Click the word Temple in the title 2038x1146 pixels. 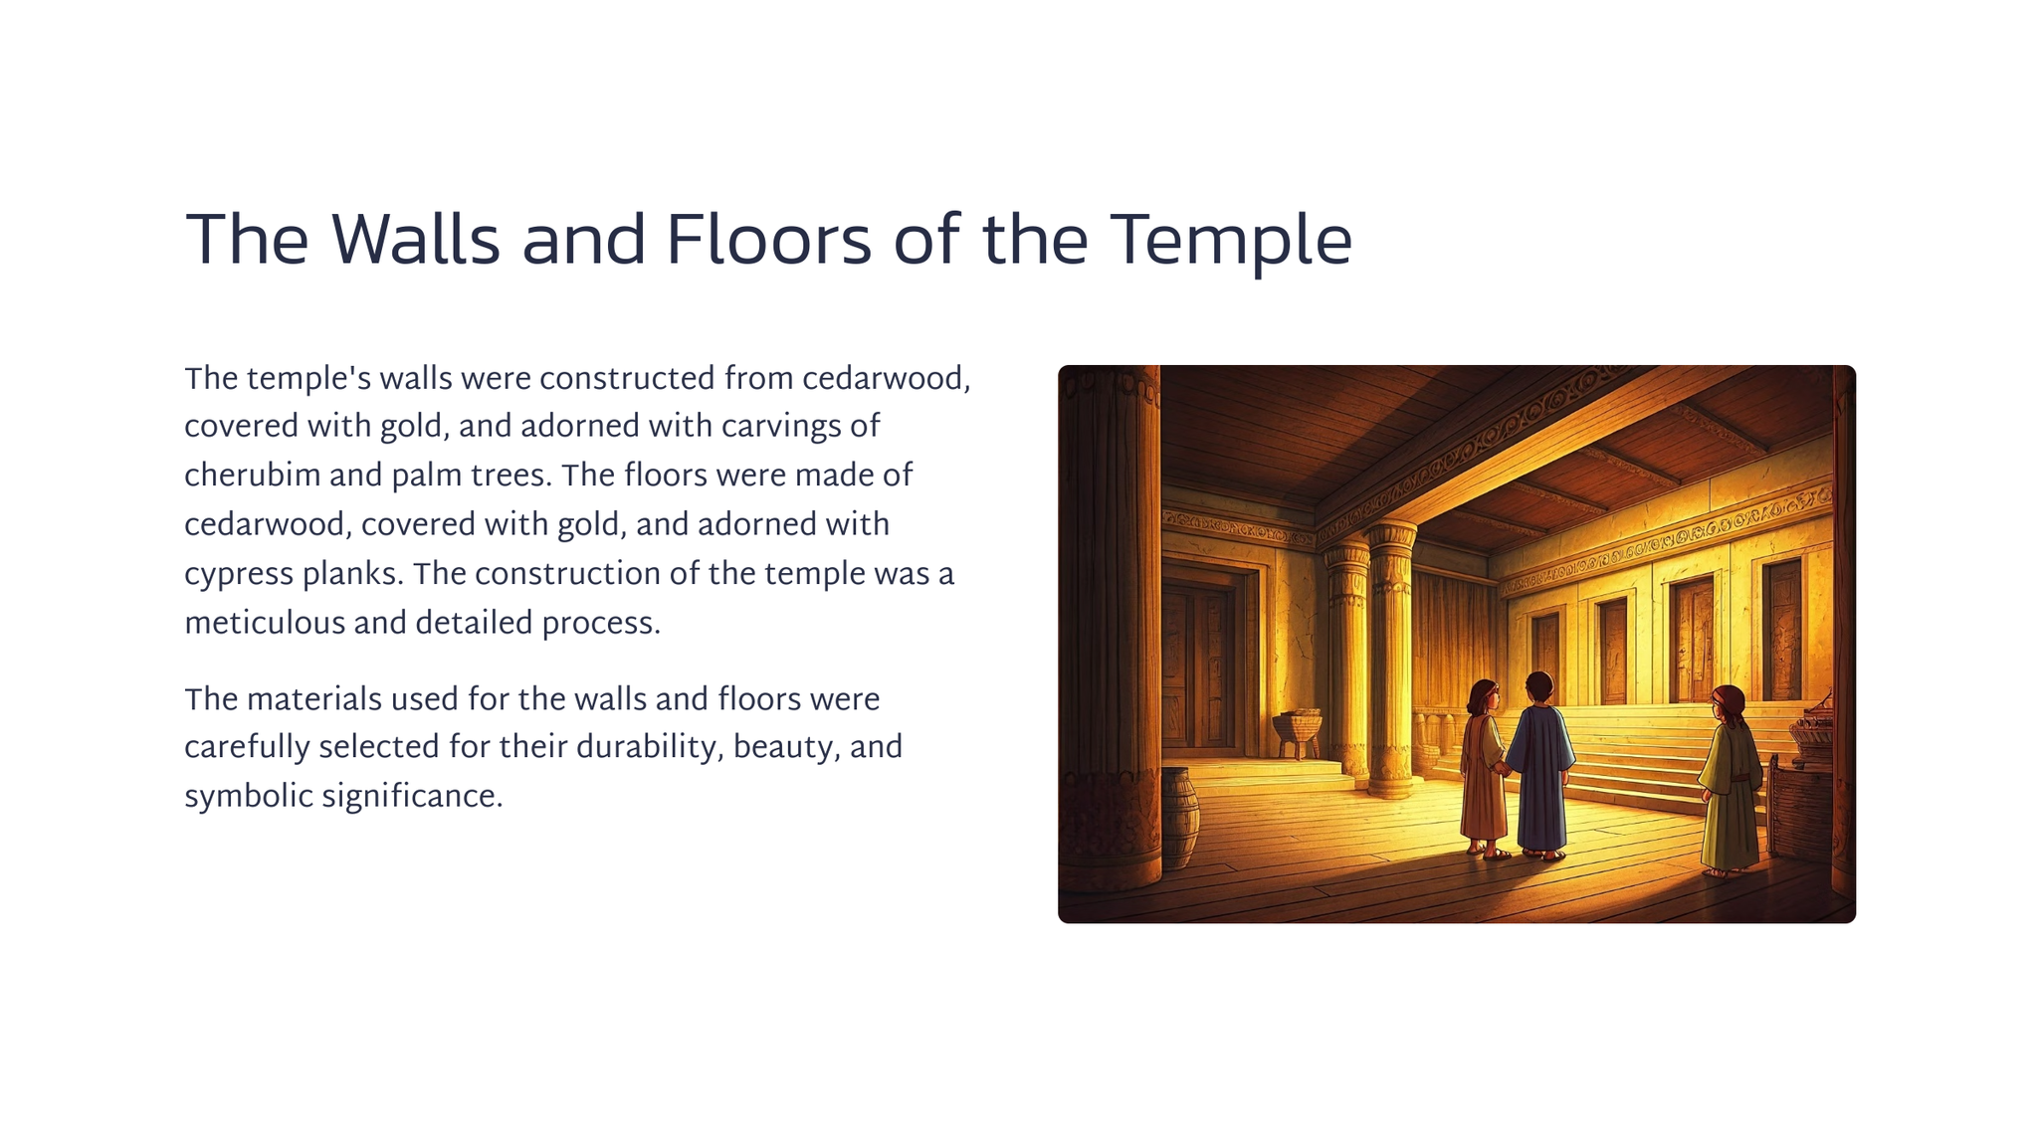click(x=1231, y=240)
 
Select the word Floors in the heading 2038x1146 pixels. click(x=768, y=240)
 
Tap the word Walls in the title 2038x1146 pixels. click(x=415, y=240)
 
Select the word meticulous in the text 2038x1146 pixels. click(x=265, y=623)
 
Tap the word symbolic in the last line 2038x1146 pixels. click(x=250, y=797)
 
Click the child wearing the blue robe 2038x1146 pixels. click(x=1539, y=766)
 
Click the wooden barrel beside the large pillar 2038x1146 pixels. click(x=1179, y=818)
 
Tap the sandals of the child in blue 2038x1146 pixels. click(x=1543, y=855)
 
